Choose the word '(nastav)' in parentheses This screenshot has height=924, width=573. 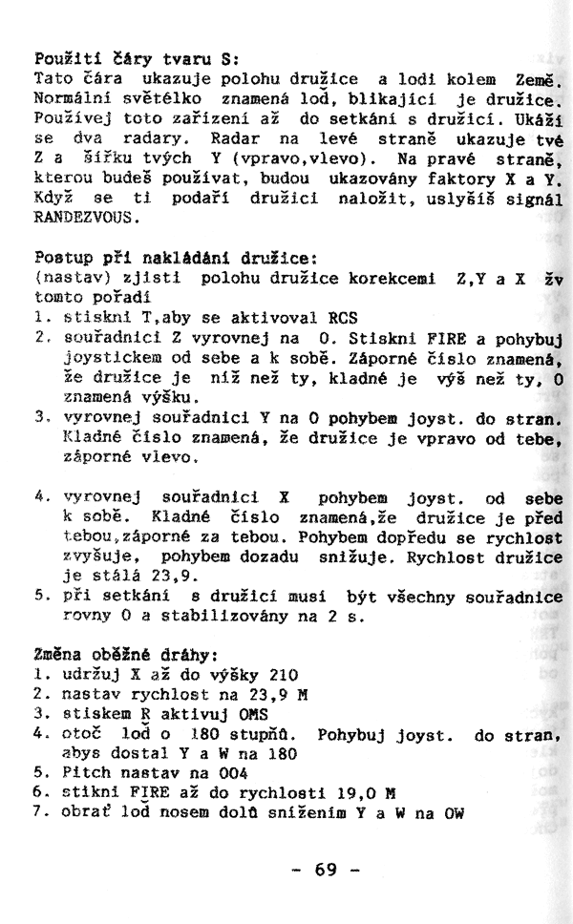69,278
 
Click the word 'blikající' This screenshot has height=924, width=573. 421,97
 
